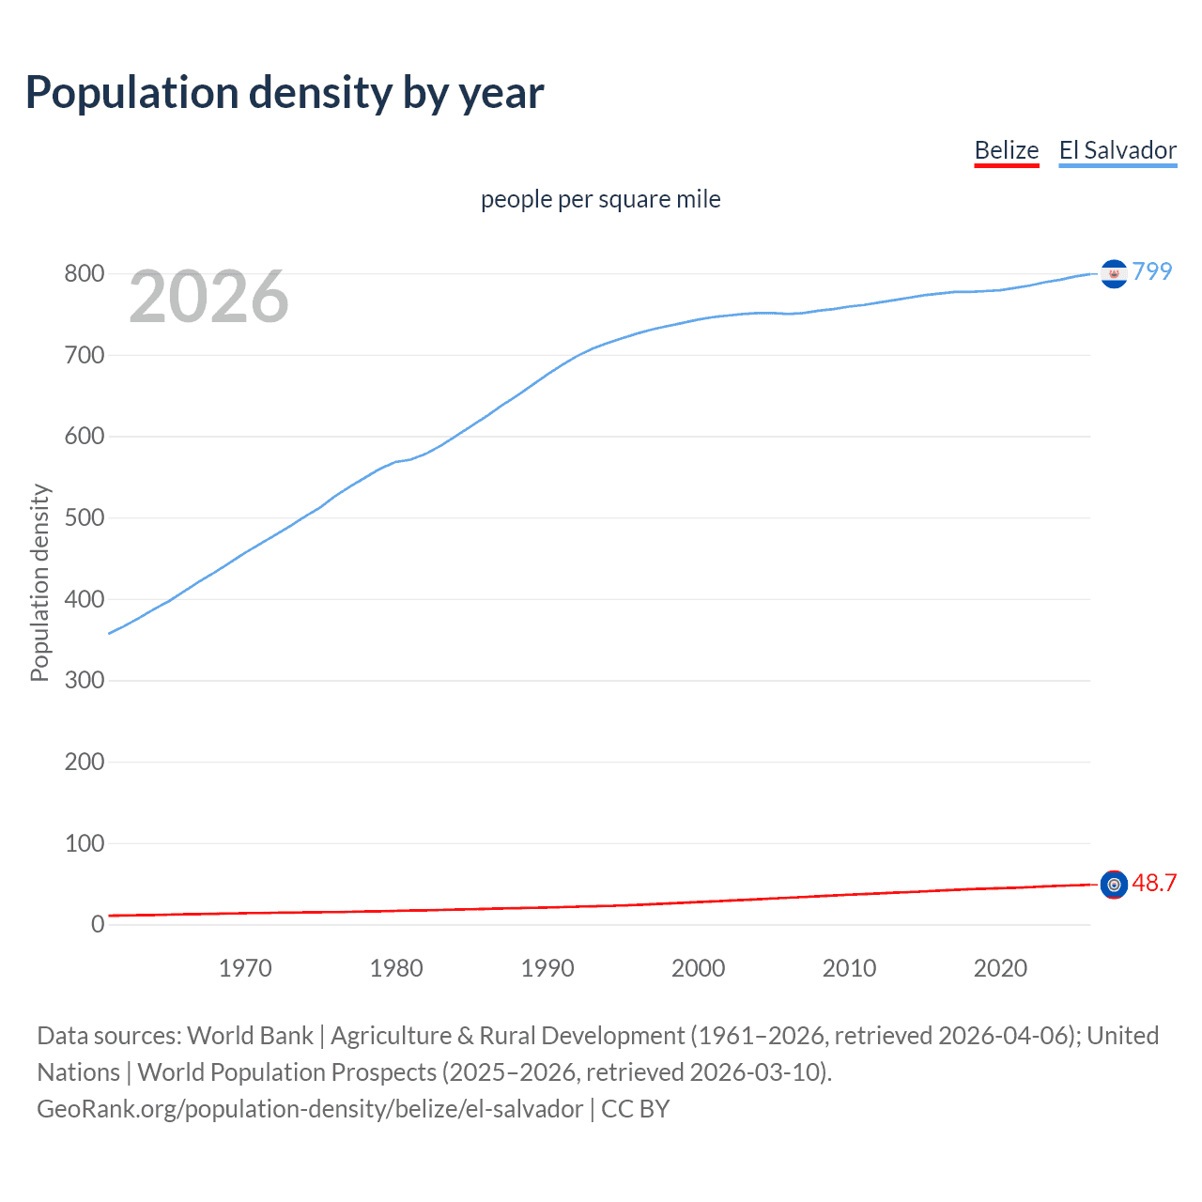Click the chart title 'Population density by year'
285,93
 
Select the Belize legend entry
1006,150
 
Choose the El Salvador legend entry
1117,150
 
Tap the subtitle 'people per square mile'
600,199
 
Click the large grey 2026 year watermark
208,297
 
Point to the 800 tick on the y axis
84,274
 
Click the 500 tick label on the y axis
84,518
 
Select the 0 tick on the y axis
98,925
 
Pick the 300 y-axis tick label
84,681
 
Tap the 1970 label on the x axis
245,968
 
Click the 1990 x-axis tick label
547,968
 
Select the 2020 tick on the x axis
1000,968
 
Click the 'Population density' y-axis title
39,582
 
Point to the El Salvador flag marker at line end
1114,273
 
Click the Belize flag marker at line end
1114,885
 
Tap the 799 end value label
1152,271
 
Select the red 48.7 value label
1154,884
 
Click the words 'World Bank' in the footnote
250,1036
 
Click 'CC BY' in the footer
636,1109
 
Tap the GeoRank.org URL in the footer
310,1109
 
